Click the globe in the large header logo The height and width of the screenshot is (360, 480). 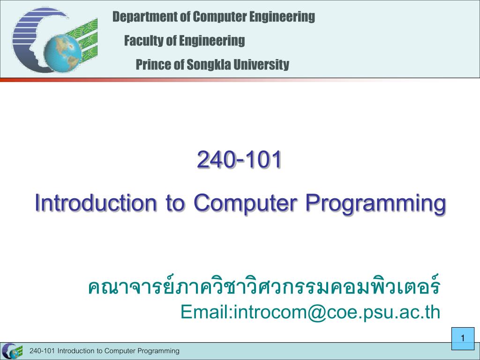62,53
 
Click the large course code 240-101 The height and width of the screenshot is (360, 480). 239,159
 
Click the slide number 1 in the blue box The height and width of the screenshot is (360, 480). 463,338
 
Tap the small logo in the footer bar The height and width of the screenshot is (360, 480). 12,351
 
